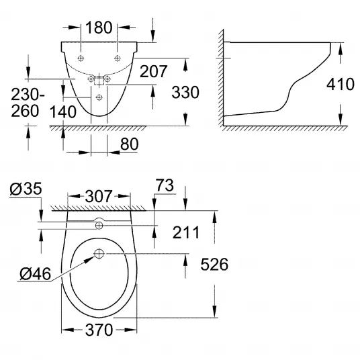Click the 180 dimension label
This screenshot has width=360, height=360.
pyautogui.click(x=99, y=28)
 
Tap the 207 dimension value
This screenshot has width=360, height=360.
pyautogui.click(x=153, y=71)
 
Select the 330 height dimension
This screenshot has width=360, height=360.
pyautogui.click(x=185, y=92)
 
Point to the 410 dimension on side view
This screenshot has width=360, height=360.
pyautogui.click(x=341, y=84)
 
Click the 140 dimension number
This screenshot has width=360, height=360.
pyautogui.click(x=63, y=111)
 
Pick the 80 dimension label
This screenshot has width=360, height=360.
pyautogui.click(x=130, y=144)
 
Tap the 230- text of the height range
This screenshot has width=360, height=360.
pyautogui.click(x=28, y=95)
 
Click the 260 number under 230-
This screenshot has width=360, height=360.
pyautogui.click(x=25, y=111)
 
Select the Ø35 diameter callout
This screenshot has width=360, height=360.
pyautogui.click(x=26, y=189)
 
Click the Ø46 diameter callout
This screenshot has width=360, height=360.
pyautogui.click(x=35, y=274)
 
